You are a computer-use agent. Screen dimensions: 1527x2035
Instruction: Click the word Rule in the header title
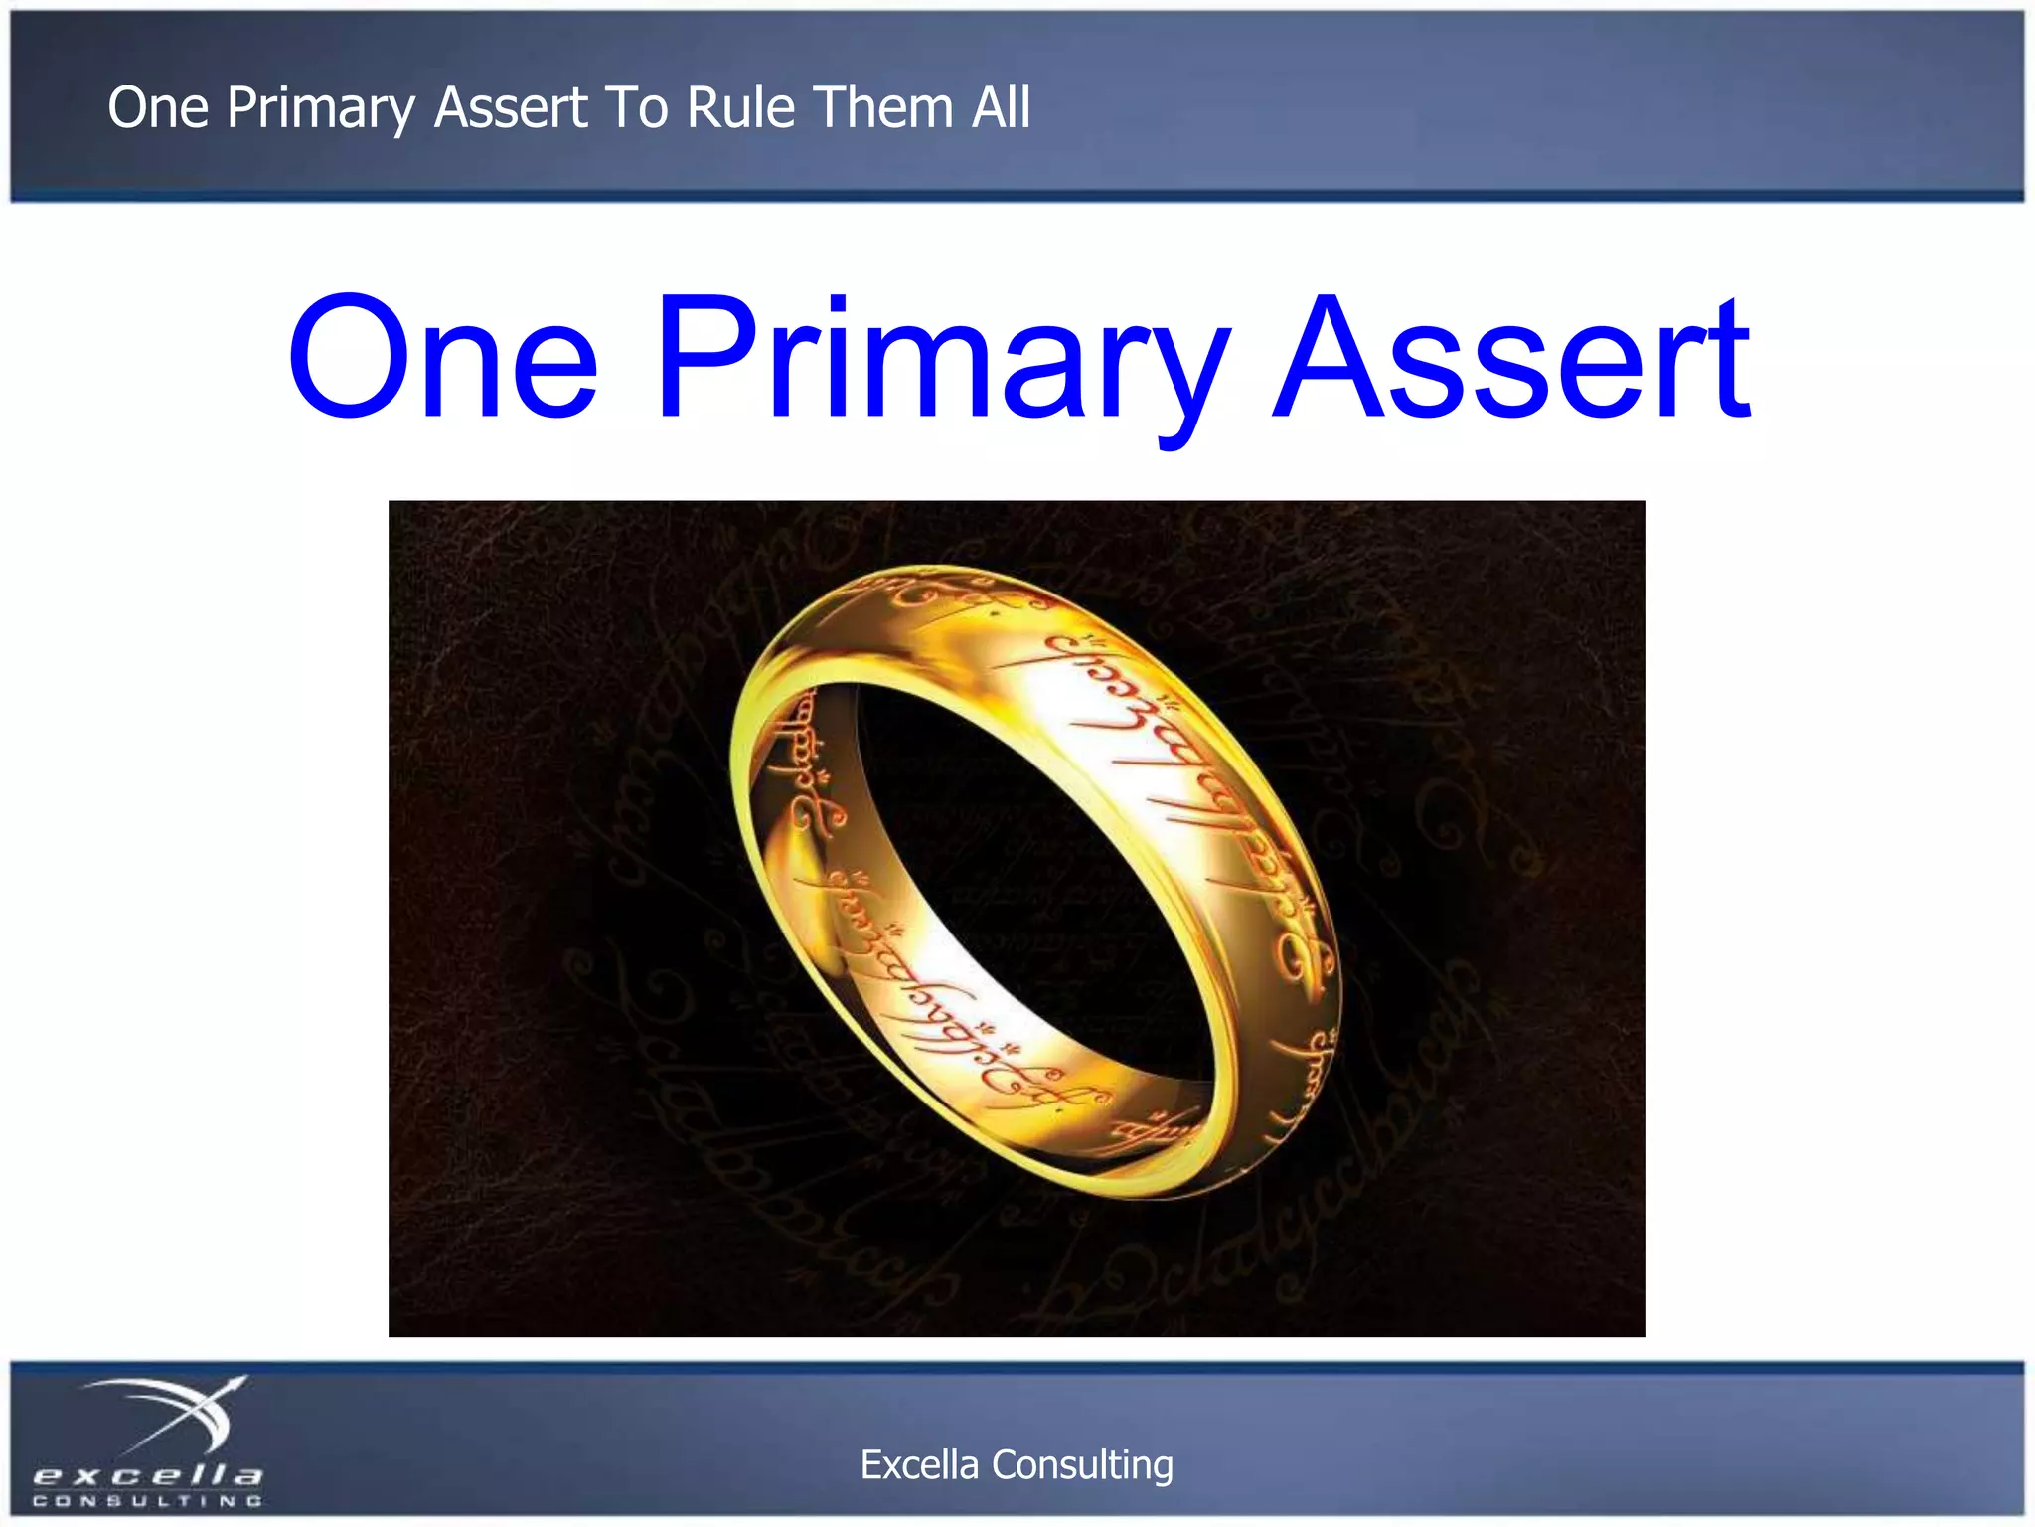tap(740, 107)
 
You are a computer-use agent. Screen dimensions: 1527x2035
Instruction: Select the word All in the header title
tap(1001, 107)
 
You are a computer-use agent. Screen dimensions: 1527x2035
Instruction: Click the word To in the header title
tap(636, 107)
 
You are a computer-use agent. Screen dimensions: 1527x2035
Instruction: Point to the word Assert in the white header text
tap(511, 107)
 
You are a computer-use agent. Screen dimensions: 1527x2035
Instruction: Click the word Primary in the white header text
tap(320, 109)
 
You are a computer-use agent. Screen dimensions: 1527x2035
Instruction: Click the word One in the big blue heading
tap(443, 358)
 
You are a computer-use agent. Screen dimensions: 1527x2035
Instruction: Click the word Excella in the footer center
tap(918, 1465)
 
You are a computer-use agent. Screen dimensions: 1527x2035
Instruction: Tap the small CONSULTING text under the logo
tap(147, 1501)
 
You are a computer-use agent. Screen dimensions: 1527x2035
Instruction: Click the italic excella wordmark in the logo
tap(147, 1474)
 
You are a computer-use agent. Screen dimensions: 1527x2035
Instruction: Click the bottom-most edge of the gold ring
tap(1143, 1193)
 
